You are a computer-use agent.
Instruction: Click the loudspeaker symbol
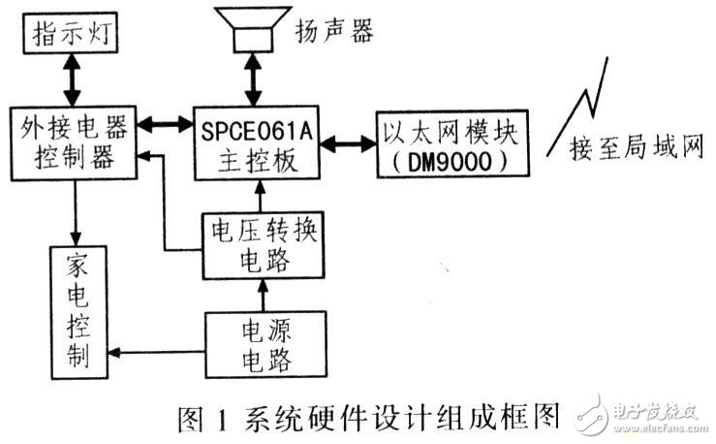coord(253,30)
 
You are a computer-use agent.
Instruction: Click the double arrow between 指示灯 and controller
coord(70,80)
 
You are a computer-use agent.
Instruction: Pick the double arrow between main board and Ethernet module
coord(350,143)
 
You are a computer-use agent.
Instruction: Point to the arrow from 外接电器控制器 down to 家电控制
coord(75,208)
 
